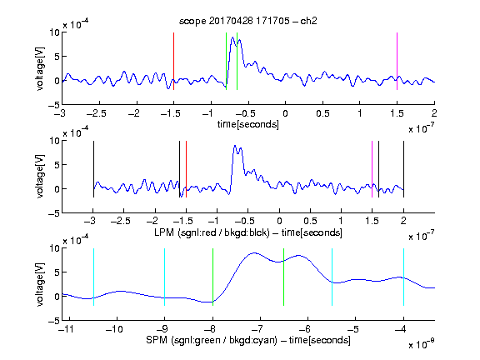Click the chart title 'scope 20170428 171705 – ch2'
[247, 21]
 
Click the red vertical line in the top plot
[173, 61]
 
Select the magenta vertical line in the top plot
[397, 61]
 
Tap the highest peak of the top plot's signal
[233, 37]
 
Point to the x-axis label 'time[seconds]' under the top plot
[248, 124]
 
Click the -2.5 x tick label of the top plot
[97, 113]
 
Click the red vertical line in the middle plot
[186, 169]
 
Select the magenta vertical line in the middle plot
[372, 169]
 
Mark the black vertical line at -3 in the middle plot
[93, 169]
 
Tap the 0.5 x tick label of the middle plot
[310, 221]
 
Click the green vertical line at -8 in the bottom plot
[212, 277]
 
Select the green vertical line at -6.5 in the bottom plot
[284, 277]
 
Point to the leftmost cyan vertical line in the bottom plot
[93, 277]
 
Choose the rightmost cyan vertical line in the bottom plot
[403, 277]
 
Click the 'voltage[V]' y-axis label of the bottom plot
[40, 284]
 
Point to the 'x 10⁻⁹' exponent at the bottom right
[421, 344]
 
